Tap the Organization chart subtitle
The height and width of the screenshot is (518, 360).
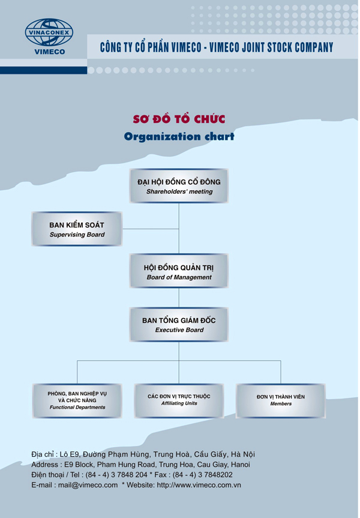tap(178, 137)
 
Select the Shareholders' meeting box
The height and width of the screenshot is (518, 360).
tap(179, 185)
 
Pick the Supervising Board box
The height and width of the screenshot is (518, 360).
tap(80, 229)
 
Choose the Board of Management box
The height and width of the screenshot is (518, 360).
tap(179, 271)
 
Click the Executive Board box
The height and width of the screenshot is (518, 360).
tap(179, 325)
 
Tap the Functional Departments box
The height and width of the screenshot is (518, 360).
tap(77, 400)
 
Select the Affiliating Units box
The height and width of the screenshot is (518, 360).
tap(179, 400)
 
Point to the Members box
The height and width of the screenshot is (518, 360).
tap(281, 400)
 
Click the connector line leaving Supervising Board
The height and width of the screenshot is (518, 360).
tap(150, 229)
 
